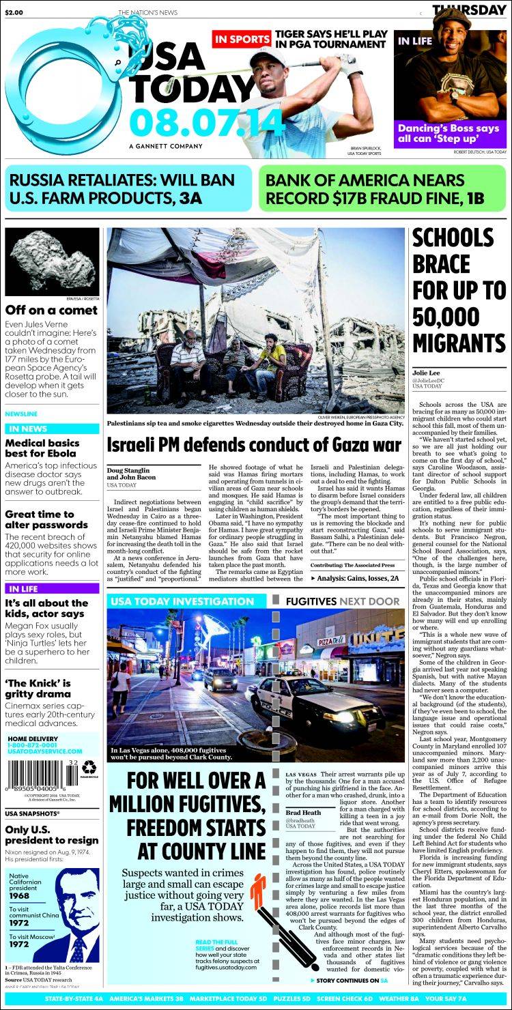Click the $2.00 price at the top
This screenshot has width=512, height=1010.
pyautogui.click(x=14, y=12)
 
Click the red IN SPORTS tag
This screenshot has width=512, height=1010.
pyautogui.click(x=242, y=40)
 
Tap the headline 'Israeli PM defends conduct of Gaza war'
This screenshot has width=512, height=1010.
pyautogui.click(x=254, y=446)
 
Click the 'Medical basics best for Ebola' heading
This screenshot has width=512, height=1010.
pyautogui.click(x=42, y=448)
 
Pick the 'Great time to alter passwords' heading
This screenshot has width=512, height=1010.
pyautogui.click(x=40, y=519)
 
